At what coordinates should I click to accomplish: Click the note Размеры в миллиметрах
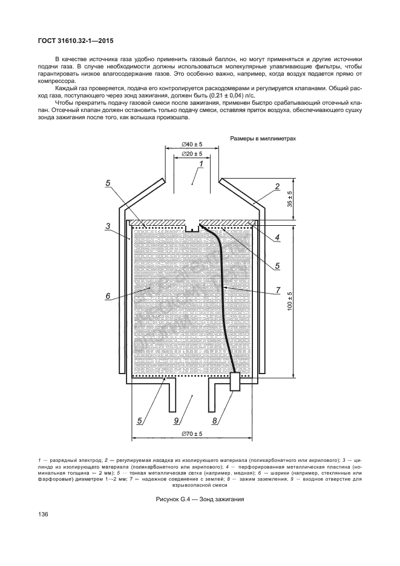pos(263,139)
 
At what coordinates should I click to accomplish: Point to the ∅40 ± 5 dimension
pos(192,144)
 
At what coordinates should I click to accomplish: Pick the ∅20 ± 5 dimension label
pos(192,154)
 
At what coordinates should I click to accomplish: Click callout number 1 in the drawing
pos(201,164)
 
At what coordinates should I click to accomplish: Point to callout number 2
pos(277,186)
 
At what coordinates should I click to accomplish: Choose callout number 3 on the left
pos(107,226)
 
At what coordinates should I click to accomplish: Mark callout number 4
pos(277,237)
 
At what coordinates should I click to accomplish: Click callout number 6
pos(107,296)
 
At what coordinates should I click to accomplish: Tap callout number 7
pos(278,291)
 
